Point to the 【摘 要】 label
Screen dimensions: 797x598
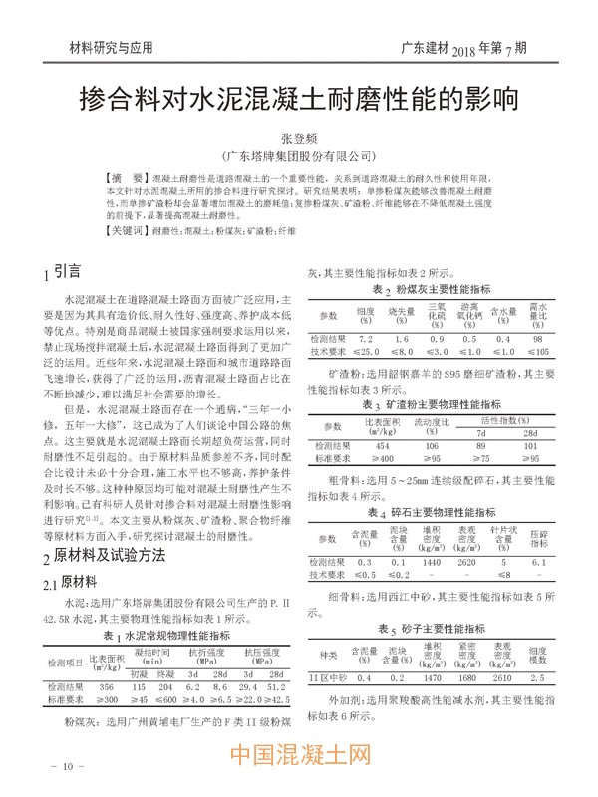coord(130,175)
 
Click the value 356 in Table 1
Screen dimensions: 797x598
coord(107,687)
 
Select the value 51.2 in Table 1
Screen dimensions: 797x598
coord(276,687)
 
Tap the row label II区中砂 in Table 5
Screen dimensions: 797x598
coord(329,678)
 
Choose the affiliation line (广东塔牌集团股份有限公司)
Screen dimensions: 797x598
coord(298,157)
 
